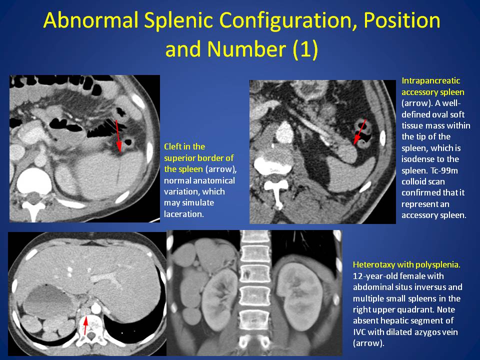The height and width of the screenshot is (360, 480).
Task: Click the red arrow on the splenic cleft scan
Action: point(118,136)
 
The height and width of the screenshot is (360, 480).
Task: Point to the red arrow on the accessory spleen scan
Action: point(359,132)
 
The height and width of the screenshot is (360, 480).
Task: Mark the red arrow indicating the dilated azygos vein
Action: point(85,325)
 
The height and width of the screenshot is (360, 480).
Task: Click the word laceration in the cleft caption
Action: point(183,214)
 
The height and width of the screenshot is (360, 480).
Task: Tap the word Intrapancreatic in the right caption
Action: point(430,81)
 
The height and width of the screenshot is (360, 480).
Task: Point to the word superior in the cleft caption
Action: point(179,158)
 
